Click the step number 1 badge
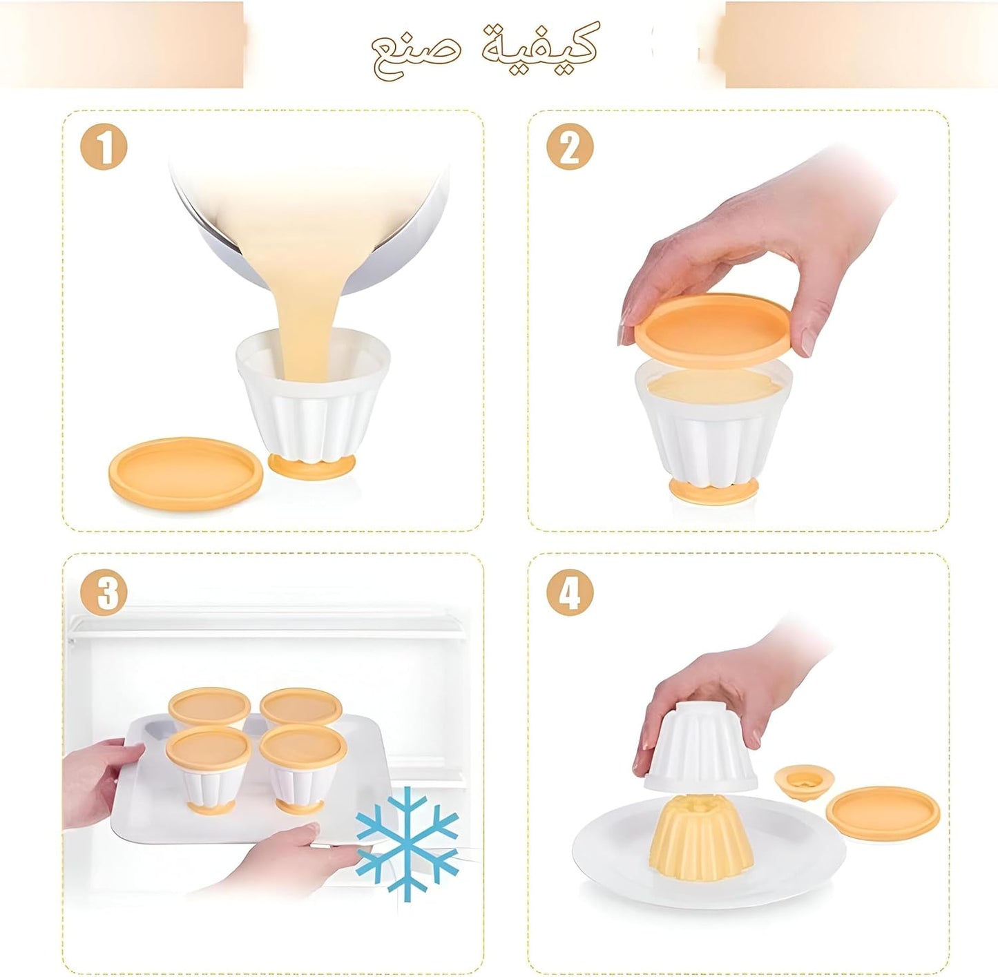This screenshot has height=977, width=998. [x=104, y=146]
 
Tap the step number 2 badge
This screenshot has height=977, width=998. [x=570, y=146]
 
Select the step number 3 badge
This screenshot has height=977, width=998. [x=104, y=592]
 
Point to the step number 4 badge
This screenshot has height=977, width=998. [x=570, y=592]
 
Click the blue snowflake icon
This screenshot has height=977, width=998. [x=407, y=843]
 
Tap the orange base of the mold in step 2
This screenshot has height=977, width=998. [x=713, y=490]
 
